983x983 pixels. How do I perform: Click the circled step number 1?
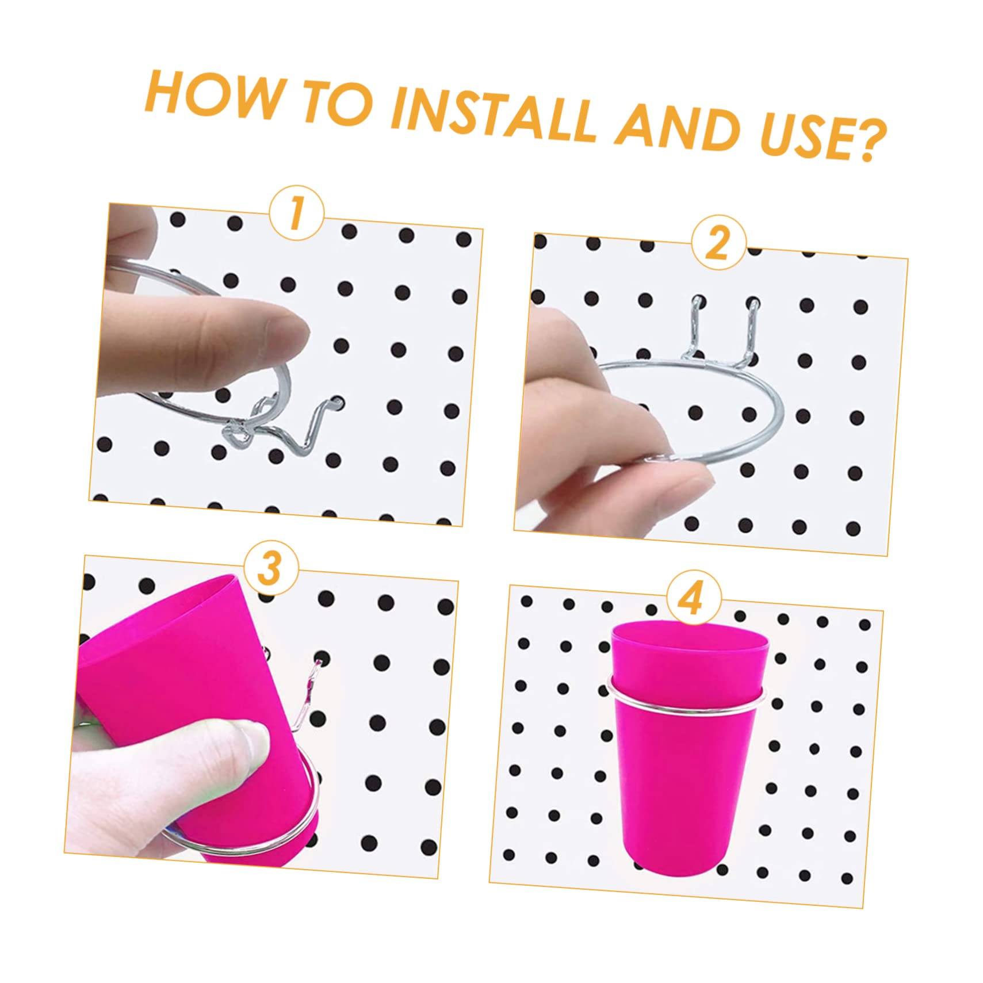tap(296, 213)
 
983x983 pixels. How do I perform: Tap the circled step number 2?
tap(718, 243)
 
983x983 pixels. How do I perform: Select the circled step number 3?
tap(270, 568)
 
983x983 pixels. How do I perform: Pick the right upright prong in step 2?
tap(751, 328)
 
